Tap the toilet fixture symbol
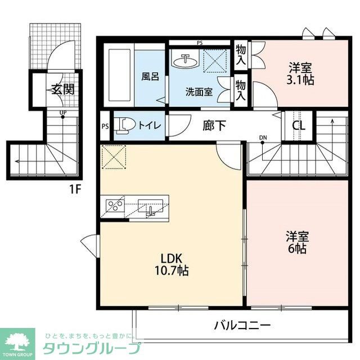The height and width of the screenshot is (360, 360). click(123, 126)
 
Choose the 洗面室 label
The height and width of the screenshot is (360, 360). click(199, 92)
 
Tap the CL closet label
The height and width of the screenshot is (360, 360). click(298, 125)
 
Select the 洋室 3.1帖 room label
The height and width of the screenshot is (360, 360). click(300, 74)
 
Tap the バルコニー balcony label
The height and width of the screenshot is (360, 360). click(242, 325)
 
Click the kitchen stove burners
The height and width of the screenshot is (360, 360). click(115, 205)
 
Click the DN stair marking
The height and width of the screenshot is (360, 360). click(263, 137)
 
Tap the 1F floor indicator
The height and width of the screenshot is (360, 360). click(76, 189)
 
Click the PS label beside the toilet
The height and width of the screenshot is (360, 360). click(105, 126)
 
